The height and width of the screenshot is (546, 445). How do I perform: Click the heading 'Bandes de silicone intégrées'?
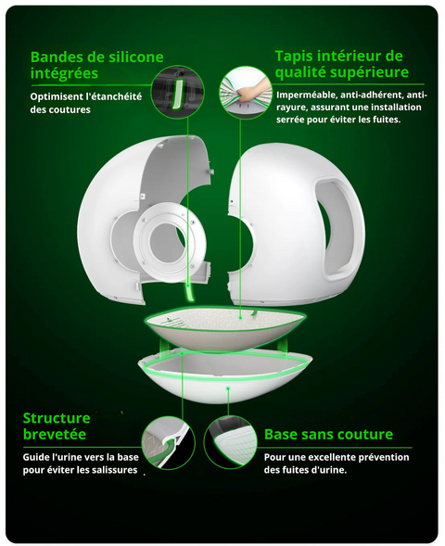click(96, 65)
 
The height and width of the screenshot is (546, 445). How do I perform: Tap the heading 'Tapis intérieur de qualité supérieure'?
click(341, 64)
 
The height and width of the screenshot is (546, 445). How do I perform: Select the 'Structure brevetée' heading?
click(57, 426)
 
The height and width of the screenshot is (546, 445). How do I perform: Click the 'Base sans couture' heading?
click(328, 434)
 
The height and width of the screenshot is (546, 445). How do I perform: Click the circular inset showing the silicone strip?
click(179, 93)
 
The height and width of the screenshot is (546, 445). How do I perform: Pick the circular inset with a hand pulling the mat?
click(246, 93)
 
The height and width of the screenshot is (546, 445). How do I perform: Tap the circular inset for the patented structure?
click(168, 443)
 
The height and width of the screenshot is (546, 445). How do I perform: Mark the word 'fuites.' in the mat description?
click(388, 120)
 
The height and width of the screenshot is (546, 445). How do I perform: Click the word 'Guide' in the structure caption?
click(35, 457)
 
